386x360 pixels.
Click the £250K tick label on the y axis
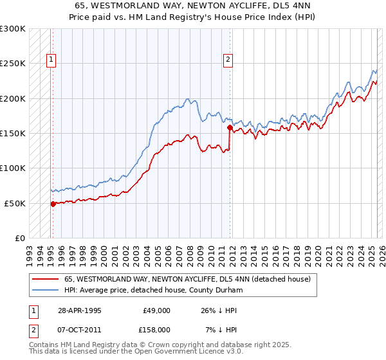[14, 64]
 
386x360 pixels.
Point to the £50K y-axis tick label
[16, 203]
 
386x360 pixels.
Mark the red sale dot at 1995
[53, 204]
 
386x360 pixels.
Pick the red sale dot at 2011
[229, 128]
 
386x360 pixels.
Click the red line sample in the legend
[44, 279]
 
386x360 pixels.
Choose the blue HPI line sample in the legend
[44, 290]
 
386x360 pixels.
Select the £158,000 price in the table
[155, 330]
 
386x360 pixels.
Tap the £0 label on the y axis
[19, 238]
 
